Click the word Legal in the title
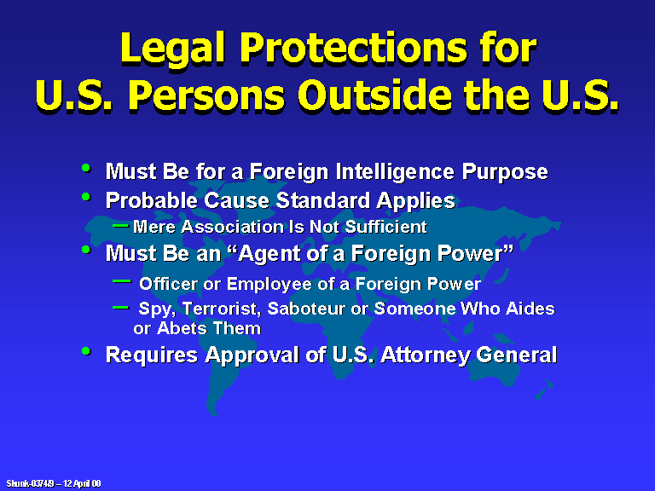(173, 49)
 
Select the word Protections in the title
(354, 47)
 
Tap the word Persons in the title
(206, 95)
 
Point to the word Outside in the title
(375, 95)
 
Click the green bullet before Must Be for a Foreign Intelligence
(86, 168)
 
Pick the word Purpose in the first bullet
(505, 172)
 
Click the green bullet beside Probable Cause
(86, 197)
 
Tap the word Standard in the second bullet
(322, 200)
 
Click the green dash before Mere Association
(121, 225)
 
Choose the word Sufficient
(385, 227)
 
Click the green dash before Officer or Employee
(122, 281)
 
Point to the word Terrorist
(222, 309)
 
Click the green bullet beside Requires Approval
(86, 350)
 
